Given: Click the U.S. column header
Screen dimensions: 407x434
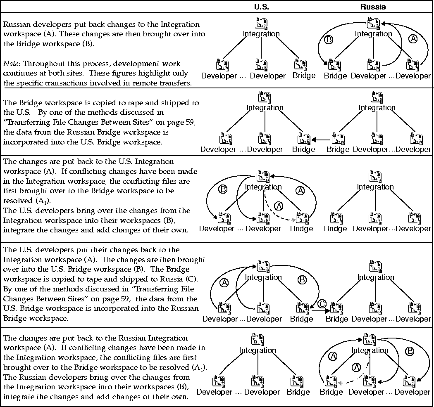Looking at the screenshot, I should (261, 7).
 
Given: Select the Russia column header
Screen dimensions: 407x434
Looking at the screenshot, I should (373, 7).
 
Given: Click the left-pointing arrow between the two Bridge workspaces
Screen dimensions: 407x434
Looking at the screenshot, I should (318, 140).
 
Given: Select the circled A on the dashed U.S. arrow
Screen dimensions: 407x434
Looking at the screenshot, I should (279, 206).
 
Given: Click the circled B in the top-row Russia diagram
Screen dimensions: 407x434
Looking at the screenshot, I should (329, 40).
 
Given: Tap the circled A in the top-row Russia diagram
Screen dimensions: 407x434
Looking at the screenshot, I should (413, 38).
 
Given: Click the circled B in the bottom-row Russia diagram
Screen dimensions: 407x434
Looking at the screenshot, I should (410, 352).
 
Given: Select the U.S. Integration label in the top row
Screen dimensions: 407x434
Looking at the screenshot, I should (261, 34).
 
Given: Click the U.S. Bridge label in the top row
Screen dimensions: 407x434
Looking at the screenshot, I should (304, 76).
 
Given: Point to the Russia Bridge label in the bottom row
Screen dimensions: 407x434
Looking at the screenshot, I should (331, 392).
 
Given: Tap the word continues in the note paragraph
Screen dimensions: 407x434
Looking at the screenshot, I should (19, 73).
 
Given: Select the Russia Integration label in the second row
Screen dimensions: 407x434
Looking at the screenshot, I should (377, 108).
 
